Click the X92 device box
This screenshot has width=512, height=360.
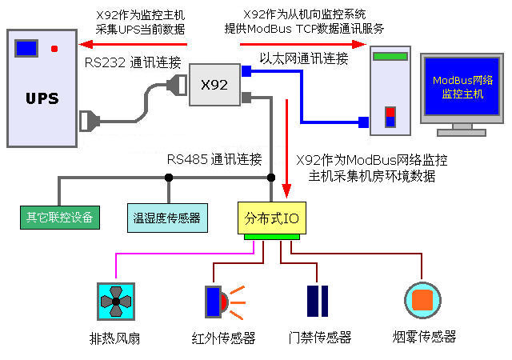214,85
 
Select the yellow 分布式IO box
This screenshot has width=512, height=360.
272,217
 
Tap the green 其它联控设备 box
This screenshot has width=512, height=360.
60,217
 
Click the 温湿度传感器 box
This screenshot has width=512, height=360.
168,217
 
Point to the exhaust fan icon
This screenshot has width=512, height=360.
116,302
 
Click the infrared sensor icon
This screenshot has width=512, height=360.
218,302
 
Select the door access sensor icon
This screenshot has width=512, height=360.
318,301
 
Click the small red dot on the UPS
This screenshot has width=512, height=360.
54,50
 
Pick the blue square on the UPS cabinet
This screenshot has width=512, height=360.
26,48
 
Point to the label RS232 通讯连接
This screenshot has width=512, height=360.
133,62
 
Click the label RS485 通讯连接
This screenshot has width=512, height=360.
214,158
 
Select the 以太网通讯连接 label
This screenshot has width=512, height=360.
305,58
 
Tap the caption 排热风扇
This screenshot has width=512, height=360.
116,338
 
